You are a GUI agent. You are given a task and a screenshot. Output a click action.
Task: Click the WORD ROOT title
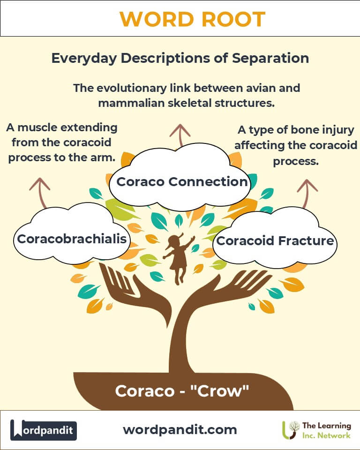[x=192, y=19]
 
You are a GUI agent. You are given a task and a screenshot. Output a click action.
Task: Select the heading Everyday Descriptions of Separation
[x=180, y=58]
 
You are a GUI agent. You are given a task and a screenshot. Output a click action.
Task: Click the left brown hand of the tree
[x=124, y=291]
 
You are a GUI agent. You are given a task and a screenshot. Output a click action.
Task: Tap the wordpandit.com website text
[x=180, y=429]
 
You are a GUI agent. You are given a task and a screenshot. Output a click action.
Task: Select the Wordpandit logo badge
[x=44, y=430]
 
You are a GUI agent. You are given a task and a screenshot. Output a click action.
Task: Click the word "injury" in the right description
[x=333, y=130]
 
